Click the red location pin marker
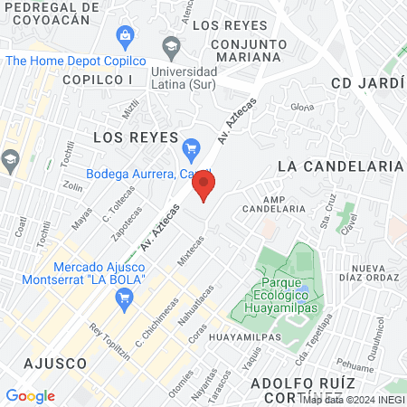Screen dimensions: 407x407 tap(204, 186)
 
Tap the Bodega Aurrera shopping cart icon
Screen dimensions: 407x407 tap(191, 147)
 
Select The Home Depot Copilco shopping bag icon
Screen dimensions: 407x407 tap(126, 36)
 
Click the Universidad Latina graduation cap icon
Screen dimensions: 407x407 tap(170, 45)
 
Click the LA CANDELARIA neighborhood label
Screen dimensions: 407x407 tap(340, 166)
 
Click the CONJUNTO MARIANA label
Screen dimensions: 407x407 tap(245, 50)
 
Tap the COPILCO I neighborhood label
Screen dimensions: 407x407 tap(98, 80)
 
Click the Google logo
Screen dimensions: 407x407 tap(30, 396)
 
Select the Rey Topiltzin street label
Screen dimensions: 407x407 tap(104, 339)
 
